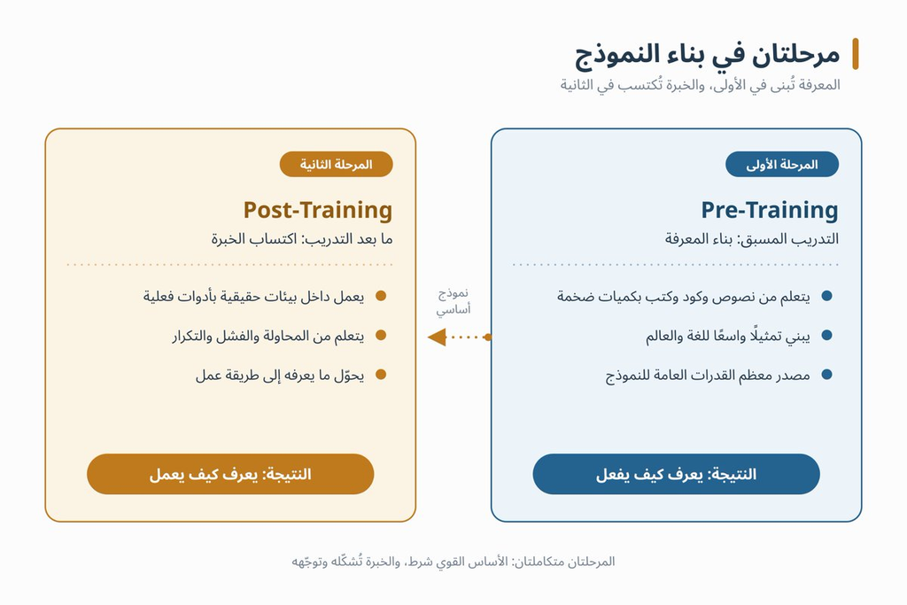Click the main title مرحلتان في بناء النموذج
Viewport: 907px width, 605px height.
(707, 54)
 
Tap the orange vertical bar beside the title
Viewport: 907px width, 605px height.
(856, 54)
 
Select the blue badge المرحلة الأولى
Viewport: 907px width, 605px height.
(781, 164)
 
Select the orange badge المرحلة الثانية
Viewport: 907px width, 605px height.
(336, 164)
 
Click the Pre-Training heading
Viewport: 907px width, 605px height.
(770, 210)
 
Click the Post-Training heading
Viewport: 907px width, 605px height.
(318, 210)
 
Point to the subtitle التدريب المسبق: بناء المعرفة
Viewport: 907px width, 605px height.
(751, 239)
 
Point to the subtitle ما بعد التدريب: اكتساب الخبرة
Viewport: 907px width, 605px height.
(302, 239)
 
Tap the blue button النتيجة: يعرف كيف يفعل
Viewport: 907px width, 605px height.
(676, 474)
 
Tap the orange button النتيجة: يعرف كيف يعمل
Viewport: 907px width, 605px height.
(230, 474)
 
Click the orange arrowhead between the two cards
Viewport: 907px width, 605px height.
(437, 337)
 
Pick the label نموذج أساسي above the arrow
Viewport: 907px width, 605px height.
(453, 301)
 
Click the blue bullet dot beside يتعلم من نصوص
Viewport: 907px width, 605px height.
(826, 296)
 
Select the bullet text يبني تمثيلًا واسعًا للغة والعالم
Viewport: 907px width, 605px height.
(728, 336)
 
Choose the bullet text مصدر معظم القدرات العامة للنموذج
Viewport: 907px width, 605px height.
(708, 376)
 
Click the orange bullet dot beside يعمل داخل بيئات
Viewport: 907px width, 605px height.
(381, 296)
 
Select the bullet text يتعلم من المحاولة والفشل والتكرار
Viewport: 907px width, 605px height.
(267, 336)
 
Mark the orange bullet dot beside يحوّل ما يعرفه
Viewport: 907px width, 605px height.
(381, 375)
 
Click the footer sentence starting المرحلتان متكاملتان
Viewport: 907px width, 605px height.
(453, 561)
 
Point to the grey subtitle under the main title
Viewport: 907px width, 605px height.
(700, 85)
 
